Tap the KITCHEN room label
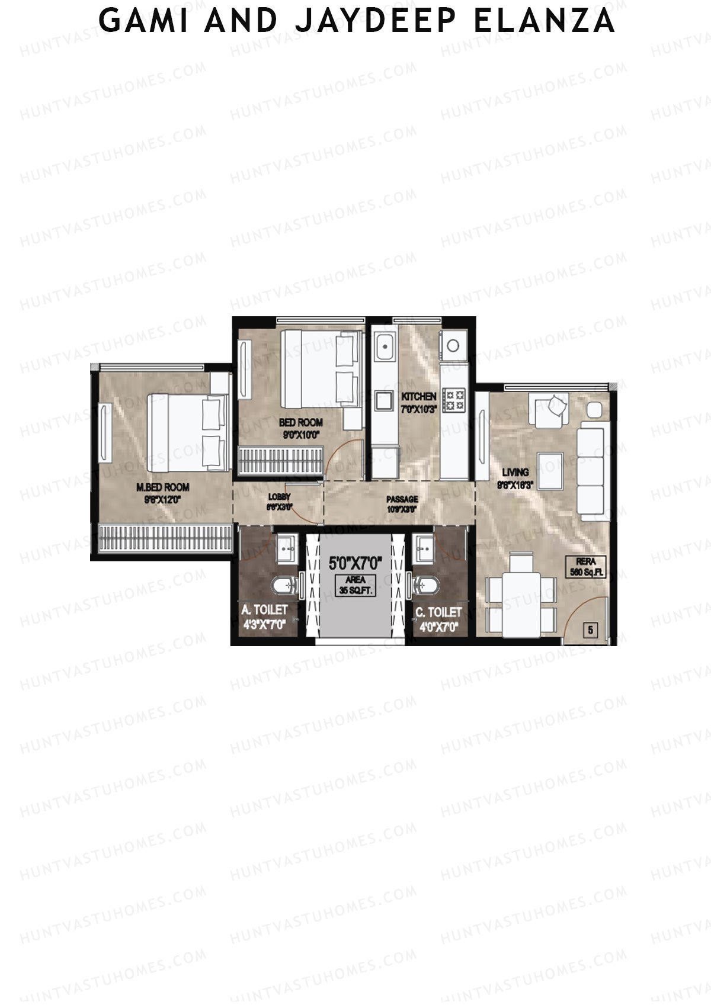(419, 396)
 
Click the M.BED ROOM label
(163, 487)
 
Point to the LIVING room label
(515, 472)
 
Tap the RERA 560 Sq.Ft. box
(585, 567)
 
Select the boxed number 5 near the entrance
(590, 630)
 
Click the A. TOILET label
(264, 609)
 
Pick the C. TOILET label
(438, 612)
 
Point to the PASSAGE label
(402, 499)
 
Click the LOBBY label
(279, 497)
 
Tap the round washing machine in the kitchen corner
(453, 345)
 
